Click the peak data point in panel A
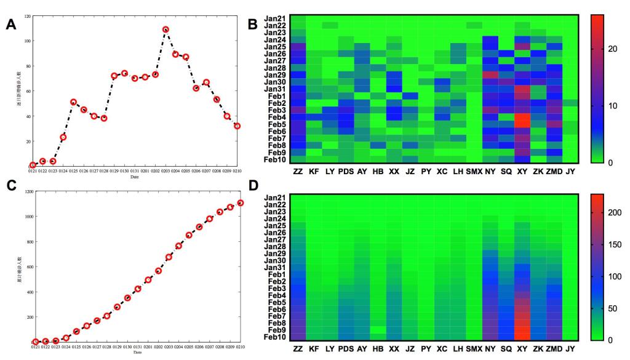(x=165, y=30)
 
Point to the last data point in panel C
(x=241, y=202)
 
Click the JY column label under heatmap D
(x=571, y=349)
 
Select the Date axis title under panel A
(x=134, y=177)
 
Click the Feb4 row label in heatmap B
(x=276, y=117)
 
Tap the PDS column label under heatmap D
(x=346, y=349)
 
